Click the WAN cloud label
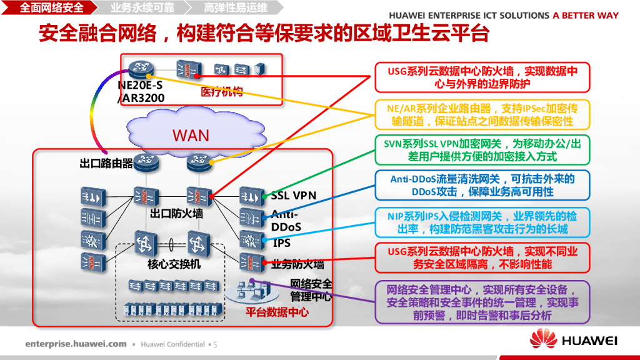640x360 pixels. (x=191, y=135)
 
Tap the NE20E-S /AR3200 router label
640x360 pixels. (x=141, y=91)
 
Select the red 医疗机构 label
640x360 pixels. (x=222, y=92)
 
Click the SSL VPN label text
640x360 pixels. (x=294, y=196)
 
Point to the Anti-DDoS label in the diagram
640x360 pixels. (x=286, y=221)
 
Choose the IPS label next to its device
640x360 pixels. (x=282, y=243)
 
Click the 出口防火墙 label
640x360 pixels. (x=176, y=214)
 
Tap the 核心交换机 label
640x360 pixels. (x=174, y=264)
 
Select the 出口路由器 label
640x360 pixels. (x=106, y=164)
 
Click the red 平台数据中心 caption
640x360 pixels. (x=277, y=312)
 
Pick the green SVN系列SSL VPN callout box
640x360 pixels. (x=482, y=150)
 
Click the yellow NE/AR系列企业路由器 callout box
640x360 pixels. (x=482, y=115)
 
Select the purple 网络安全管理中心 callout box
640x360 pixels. (x=482, y=302)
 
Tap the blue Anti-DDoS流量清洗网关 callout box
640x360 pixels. (x=482, y=185)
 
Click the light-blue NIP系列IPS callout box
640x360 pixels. (x=482, y=222)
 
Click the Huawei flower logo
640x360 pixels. (x=543, y=338)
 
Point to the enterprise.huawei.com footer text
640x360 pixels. (x=76, y=344)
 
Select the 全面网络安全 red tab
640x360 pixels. (x=49, y=7)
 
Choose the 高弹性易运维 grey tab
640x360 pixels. (x=235, y=7)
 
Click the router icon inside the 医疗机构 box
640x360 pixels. (x=141, y=69)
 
